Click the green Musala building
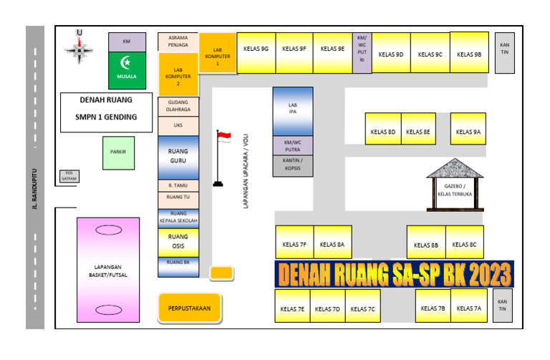coord(127,69)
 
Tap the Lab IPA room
coord(292,111)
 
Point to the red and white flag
coord(224,137)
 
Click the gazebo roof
coord(455,170)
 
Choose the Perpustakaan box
coord(189,308)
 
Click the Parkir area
coord(118,152)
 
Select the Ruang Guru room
coord(178,157)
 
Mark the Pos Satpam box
coord(69,176)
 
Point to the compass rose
coord(78,47)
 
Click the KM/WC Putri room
coord(362,52)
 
